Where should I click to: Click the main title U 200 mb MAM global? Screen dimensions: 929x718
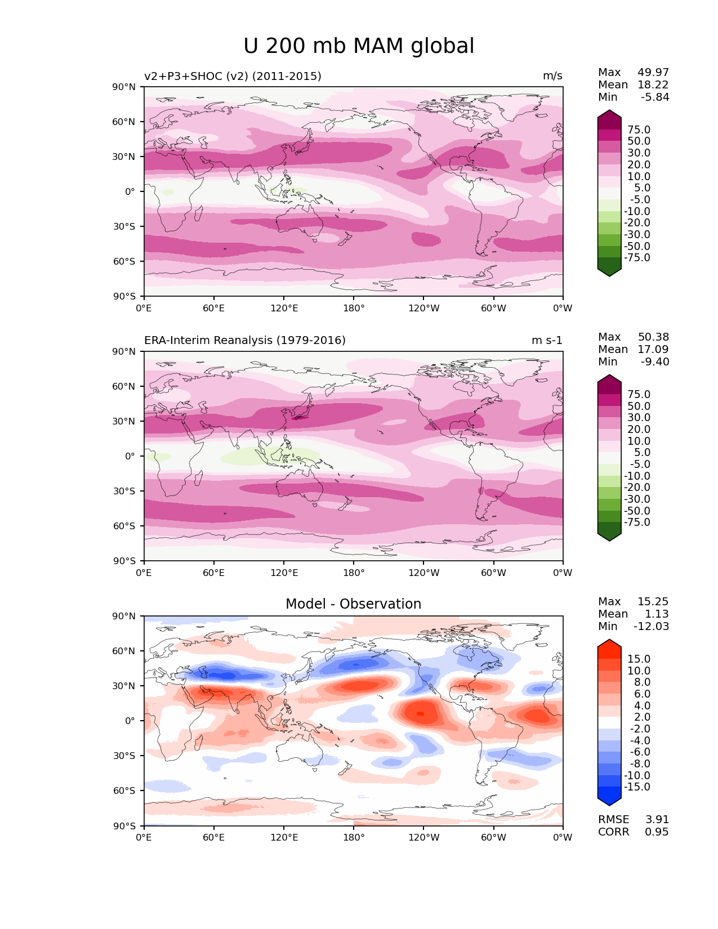click(x=359, y=46)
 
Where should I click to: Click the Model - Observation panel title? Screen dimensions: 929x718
click(x=353, y=604)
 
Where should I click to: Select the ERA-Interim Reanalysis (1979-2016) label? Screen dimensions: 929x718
click(x=245, y=341)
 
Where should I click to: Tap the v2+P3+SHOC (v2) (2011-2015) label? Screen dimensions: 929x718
click(x=233, y=77)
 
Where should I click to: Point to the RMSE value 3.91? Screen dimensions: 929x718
click(x=657, y=820)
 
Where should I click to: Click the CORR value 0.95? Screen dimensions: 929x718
click(x=657, y=832)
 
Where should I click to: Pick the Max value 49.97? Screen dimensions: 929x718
click(x=653, y=73)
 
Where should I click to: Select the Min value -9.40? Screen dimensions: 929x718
click(x=655, y=362)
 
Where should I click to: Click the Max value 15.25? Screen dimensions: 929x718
click(x=653, y=602)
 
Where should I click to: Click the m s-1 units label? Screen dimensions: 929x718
click(x=547, y=341)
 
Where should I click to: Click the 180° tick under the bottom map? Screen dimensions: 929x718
click(x=354, y=838)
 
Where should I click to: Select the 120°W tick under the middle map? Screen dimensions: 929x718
click(x=423, y=573)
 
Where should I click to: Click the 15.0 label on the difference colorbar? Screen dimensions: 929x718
click(x=639, y=659)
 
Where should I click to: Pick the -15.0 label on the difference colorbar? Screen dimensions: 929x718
click(x=637, y=787)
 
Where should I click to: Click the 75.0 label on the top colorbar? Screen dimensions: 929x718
click(x=639, y=130)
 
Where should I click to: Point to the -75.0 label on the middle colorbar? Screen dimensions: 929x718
click(x=637, y=522)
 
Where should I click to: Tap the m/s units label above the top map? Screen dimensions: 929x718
click(x=552, y=77)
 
